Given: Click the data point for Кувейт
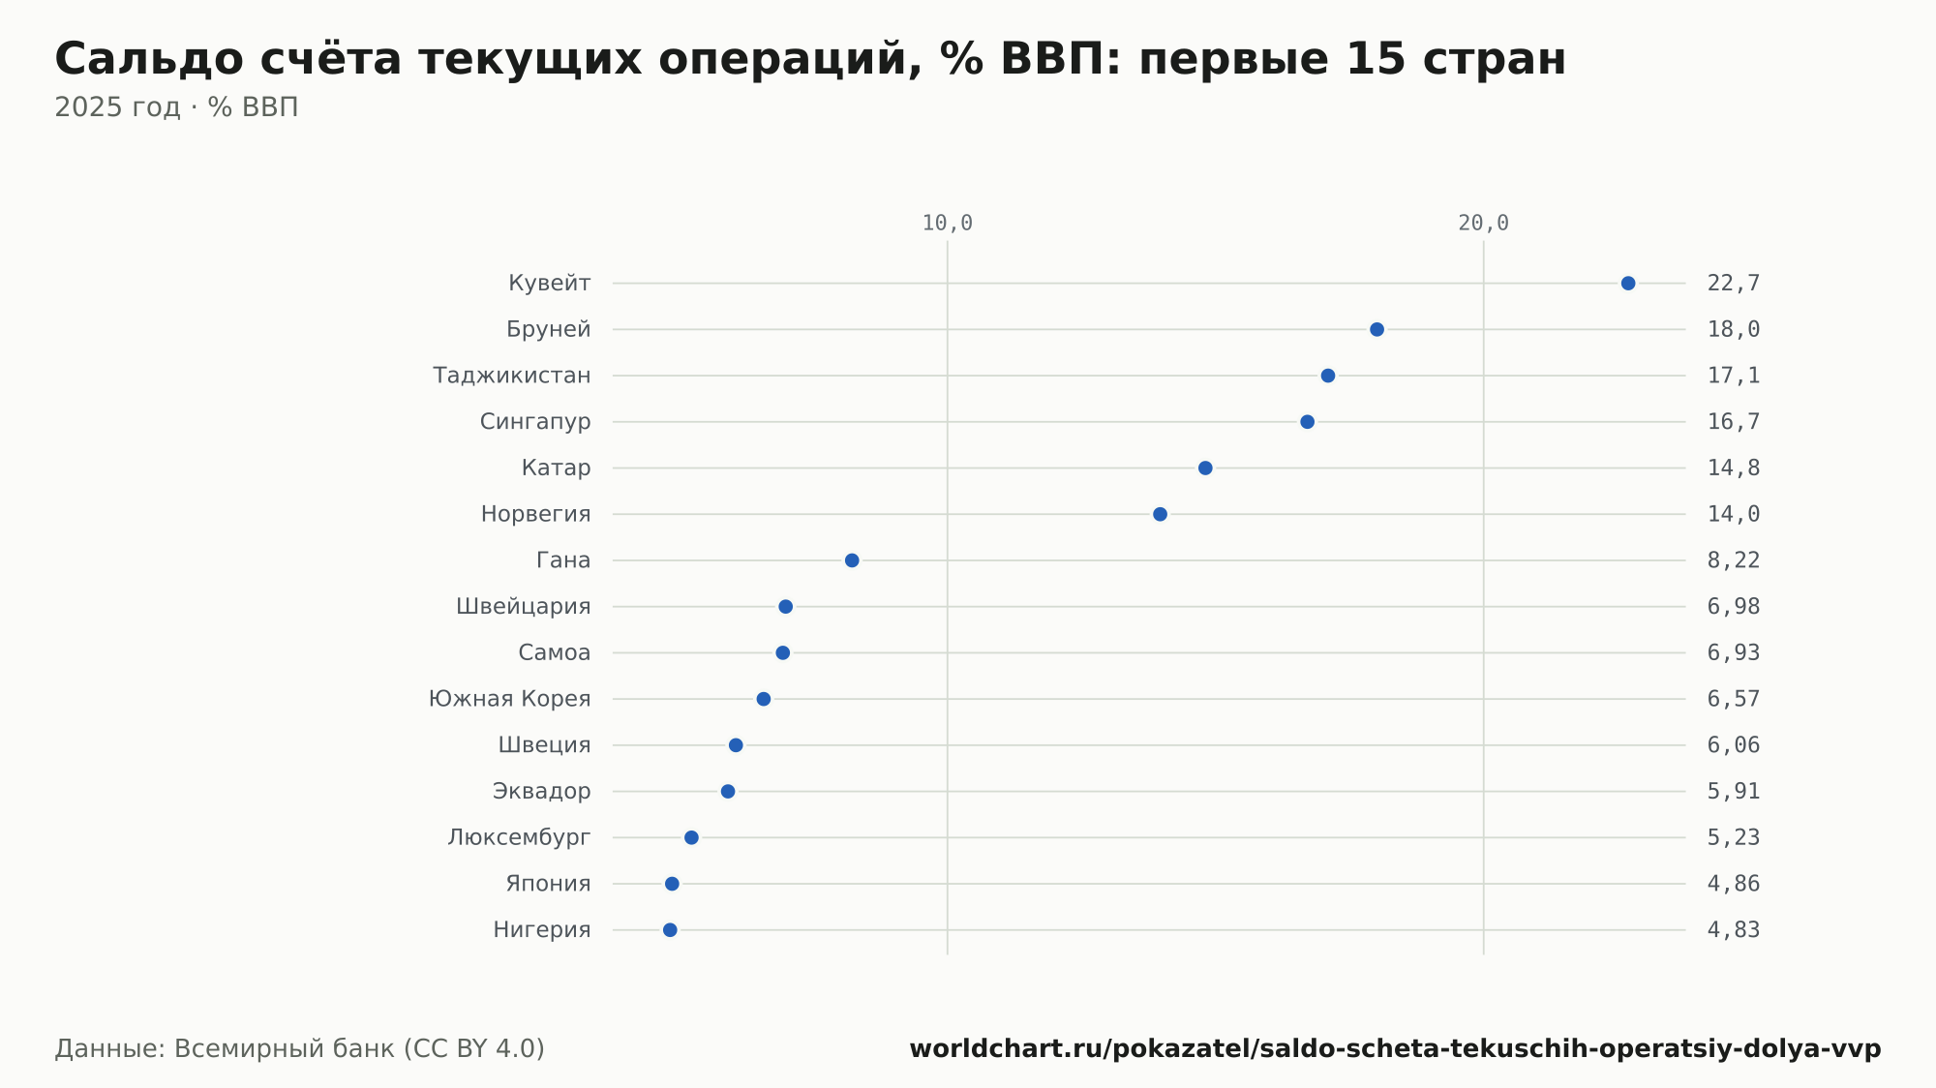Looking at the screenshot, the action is click(1628, 284).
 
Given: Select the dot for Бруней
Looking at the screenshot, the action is click(1376, 329).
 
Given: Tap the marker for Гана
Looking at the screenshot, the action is click(852, 560).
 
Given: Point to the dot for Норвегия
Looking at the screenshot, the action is click(1160, 514).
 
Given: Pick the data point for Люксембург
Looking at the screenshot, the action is click(691, 837).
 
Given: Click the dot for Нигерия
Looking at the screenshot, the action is click(670, 930).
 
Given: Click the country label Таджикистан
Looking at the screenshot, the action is click(511, 376).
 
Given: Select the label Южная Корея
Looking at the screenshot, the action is click(509, 699).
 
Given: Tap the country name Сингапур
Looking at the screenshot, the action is click(535, 422).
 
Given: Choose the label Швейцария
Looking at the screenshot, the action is click(523, 607).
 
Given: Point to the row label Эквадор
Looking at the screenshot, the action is click(541, 792).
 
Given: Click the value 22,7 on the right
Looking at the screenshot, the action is click(1734, 284).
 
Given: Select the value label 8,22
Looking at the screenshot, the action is click(1734, 560).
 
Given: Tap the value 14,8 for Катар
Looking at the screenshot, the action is click(1734, 468).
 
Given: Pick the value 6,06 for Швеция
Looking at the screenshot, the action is click(1734, 745).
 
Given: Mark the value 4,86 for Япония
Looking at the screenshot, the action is click(1734, 884).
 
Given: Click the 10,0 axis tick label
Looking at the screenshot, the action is click(948, 224).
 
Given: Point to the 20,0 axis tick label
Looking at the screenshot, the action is click(1484, 224).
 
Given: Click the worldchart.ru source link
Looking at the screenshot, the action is click(1395, 1049).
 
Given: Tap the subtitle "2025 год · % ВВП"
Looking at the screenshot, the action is click(176, 107).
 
